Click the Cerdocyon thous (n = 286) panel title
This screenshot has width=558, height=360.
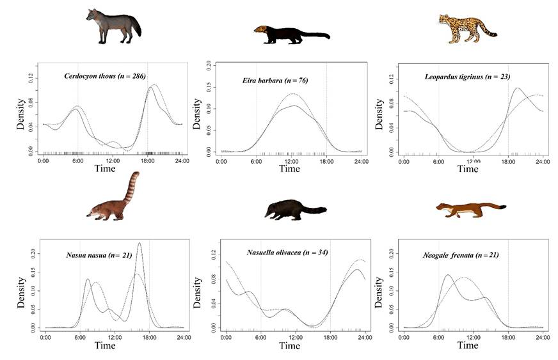click(x=106, y=76)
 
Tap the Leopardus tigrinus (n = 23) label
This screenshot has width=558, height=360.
click(x=465, y=77)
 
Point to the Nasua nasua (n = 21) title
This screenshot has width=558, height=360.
click(x=99, y=256)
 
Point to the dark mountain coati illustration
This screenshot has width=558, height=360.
click(x=294, y=210)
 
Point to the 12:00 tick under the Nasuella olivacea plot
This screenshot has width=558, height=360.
click(x=295, y=336)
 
